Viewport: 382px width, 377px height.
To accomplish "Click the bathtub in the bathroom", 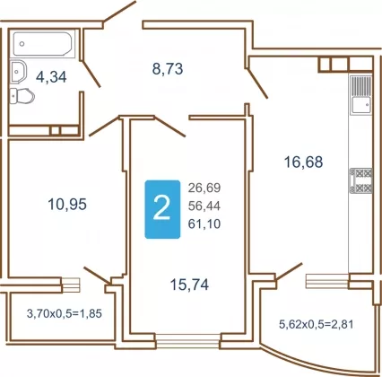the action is (x=43, y=44).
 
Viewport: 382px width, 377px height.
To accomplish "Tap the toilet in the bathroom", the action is (x=22, y=96).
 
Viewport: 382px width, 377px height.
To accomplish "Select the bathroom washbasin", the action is (x=18, y=72).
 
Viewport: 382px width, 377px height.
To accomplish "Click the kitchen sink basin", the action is (x=361, y=105).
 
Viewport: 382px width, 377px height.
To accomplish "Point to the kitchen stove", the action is (x=360, y=180).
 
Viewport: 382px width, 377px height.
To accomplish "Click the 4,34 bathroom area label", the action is (x=51, y=77).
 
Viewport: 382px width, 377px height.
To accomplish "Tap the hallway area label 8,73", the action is (x=168, y=69).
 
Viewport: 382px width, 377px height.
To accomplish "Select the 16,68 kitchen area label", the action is (x=303, y=162).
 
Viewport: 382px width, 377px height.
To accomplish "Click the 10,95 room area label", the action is (x=67, y=205).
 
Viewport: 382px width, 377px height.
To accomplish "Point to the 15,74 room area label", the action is (x=189, y=285).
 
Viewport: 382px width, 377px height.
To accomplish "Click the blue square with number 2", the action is (x=162, y=209).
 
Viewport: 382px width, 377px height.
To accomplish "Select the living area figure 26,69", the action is (x=204, y=188).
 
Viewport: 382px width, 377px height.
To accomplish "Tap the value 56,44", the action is (x=204, y=206).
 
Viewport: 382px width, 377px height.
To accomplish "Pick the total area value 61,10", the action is (x=204, y=224).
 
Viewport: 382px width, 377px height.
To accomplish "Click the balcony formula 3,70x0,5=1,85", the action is (x=65, y=313).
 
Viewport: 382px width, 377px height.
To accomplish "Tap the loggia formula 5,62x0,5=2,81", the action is (x=317, y=324).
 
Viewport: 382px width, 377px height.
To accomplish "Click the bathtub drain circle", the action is (x=22, y=44).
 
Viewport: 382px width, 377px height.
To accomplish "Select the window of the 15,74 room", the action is (x=188, y=341).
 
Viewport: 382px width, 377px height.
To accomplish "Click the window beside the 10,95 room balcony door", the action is (x=71, y=285).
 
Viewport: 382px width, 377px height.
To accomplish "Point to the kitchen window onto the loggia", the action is (x=327, y=281).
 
